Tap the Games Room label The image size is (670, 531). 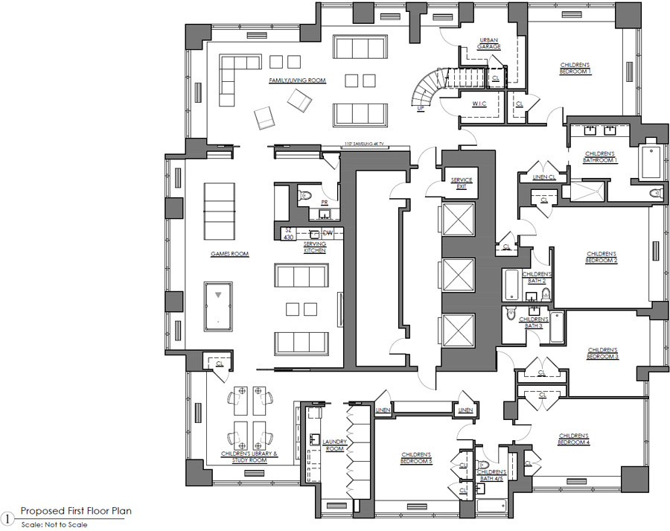click(229, 254)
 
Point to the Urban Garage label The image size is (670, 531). click(489, 42)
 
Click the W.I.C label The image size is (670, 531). click(479, 104)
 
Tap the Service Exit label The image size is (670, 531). click(462, 183)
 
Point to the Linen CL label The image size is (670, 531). click(544, 177)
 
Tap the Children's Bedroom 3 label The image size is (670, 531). click(603, 352)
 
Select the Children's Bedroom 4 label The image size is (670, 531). click(573, 439)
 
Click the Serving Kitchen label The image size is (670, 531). click(314, 249)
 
